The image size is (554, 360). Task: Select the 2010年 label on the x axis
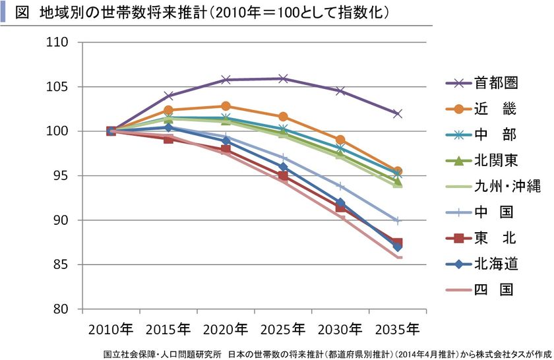111,328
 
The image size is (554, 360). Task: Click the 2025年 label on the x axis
282,328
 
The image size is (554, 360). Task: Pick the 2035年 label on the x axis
396,328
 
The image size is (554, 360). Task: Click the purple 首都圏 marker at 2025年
283,78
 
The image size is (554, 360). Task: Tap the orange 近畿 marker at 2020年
226,106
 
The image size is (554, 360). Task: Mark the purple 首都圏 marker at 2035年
397,113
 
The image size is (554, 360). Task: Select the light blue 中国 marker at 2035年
397,220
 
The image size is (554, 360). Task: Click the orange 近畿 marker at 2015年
168,110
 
